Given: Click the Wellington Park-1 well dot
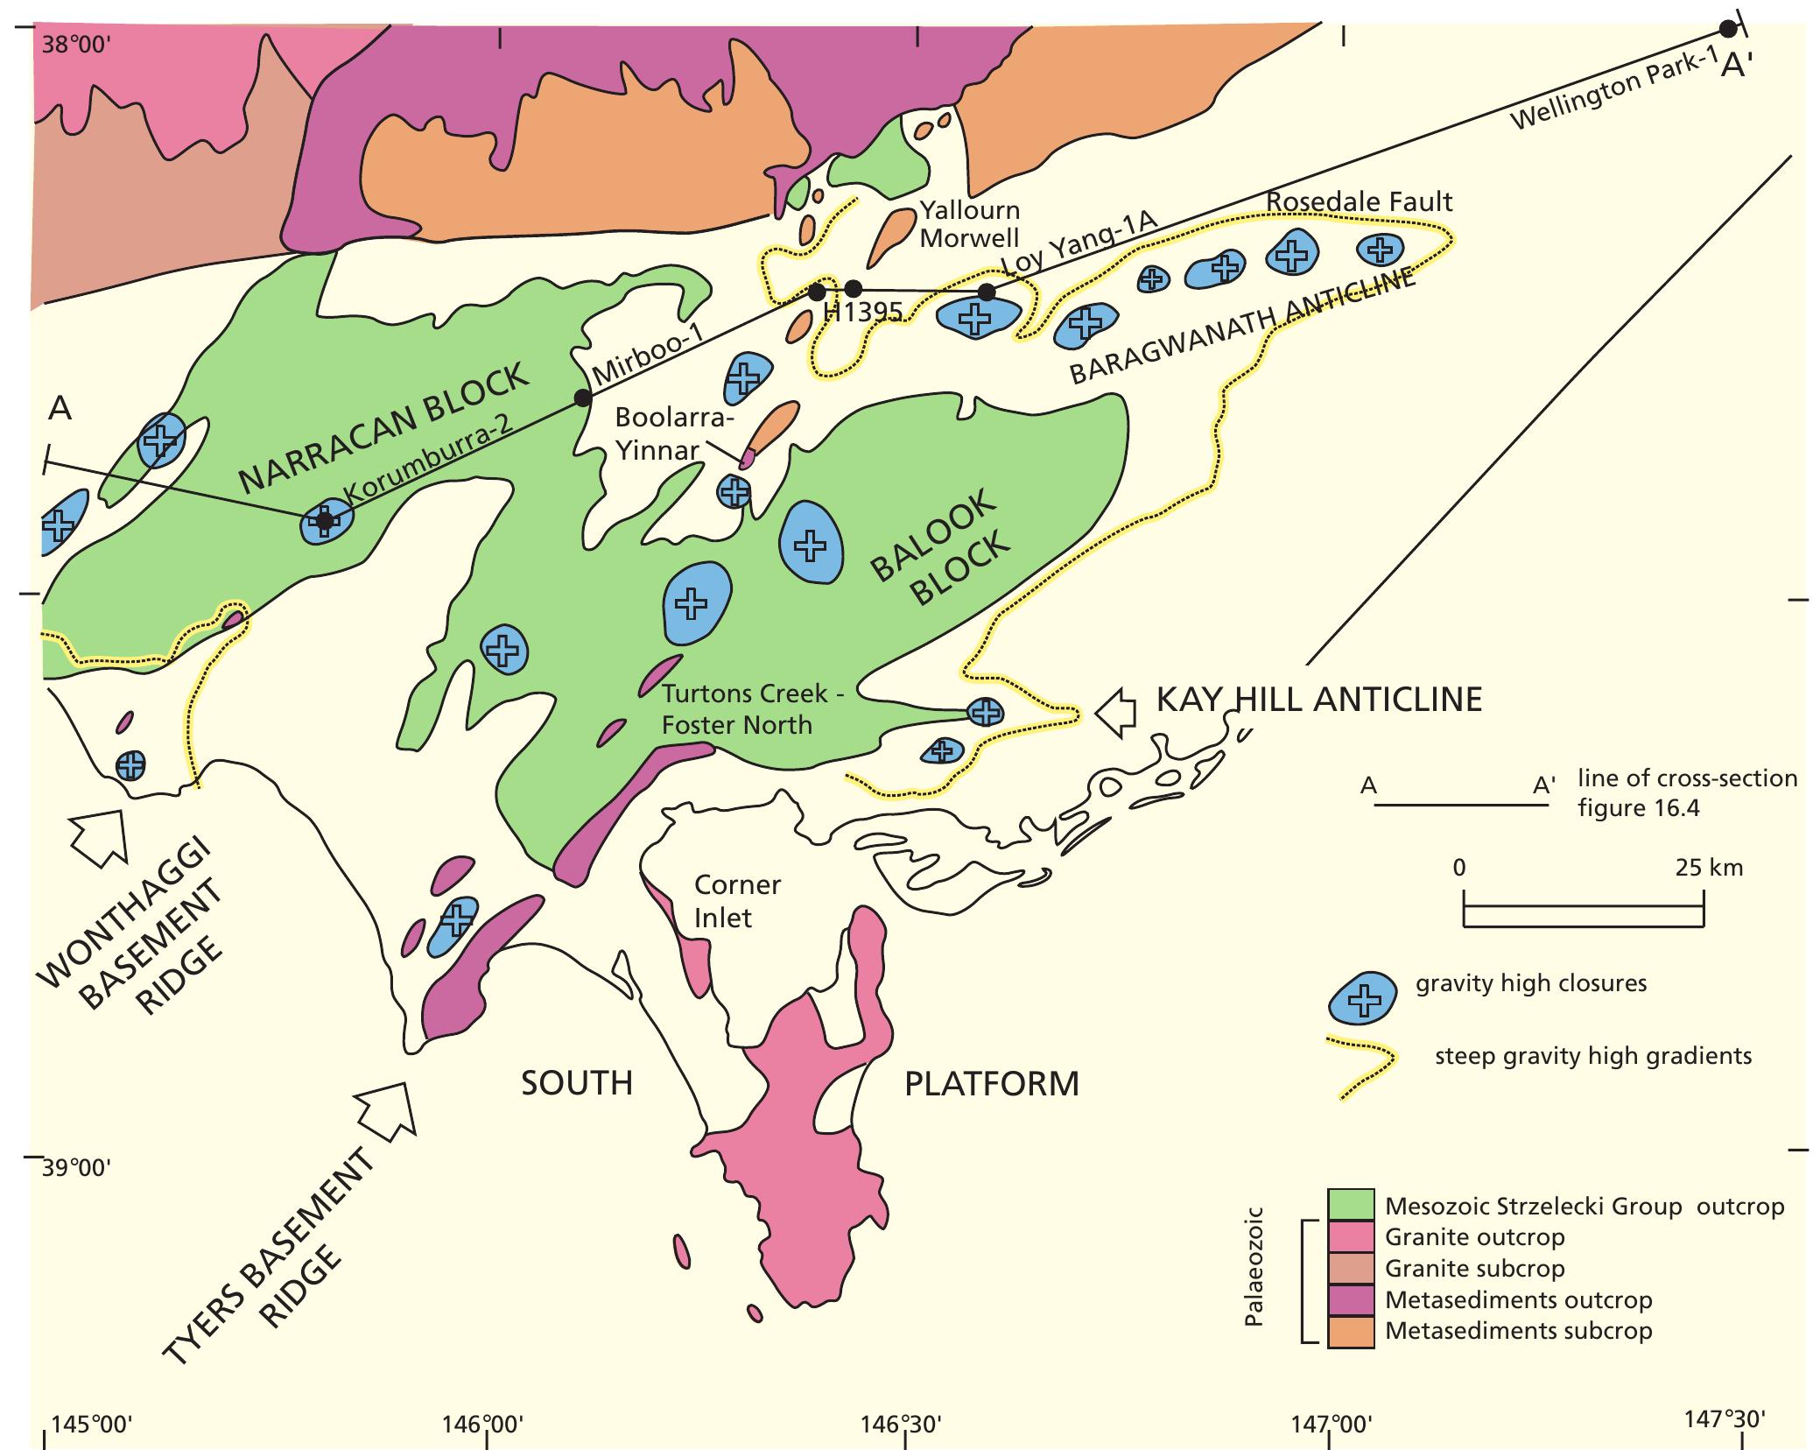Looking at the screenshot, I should pyautogui.click(x=1727, y=29).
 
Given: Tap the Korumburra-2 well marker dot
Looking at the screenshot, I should pyautogui.click(x=324, y=521).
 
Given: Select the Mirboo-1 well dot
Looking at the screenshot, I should pyautogui.click(x=581, y=398).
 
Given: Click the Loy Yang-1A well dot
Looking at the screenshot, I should pyautogui.click(x=986, y=292).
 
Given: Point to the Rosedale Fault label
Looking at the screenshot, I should pyautogui.click(x=1359, y=201).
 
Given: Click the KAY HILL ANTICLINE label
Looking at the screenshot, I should pyautogui.click(x=1318, y=699).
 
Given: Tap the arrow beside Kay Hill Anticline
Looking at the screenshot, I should pyautogui.click(x=1116, y=710).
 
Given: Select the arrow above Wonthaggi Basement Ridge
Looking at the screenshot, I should pyautogui.click(x=99, y=834).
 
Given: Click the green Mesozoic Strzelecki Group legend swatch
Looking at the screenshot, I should pyautogui.click(x=1351, y=1206).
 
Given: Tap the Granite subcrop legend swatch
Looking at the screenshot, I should pyautogui.click(x=1351, y=1268).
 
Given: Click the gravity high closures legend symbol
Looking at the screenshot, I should pyautogui.click(x=1362, y=998).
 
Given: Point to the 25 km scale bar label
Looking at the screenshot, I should pyautogui.click(x=1708, y=868).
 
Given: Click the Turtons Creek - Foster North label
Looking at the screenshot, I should pyautogui.click(x=744, y=709).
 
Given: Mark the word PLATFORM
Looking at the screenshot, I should pyautogui.click(x=991, y=1083).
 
